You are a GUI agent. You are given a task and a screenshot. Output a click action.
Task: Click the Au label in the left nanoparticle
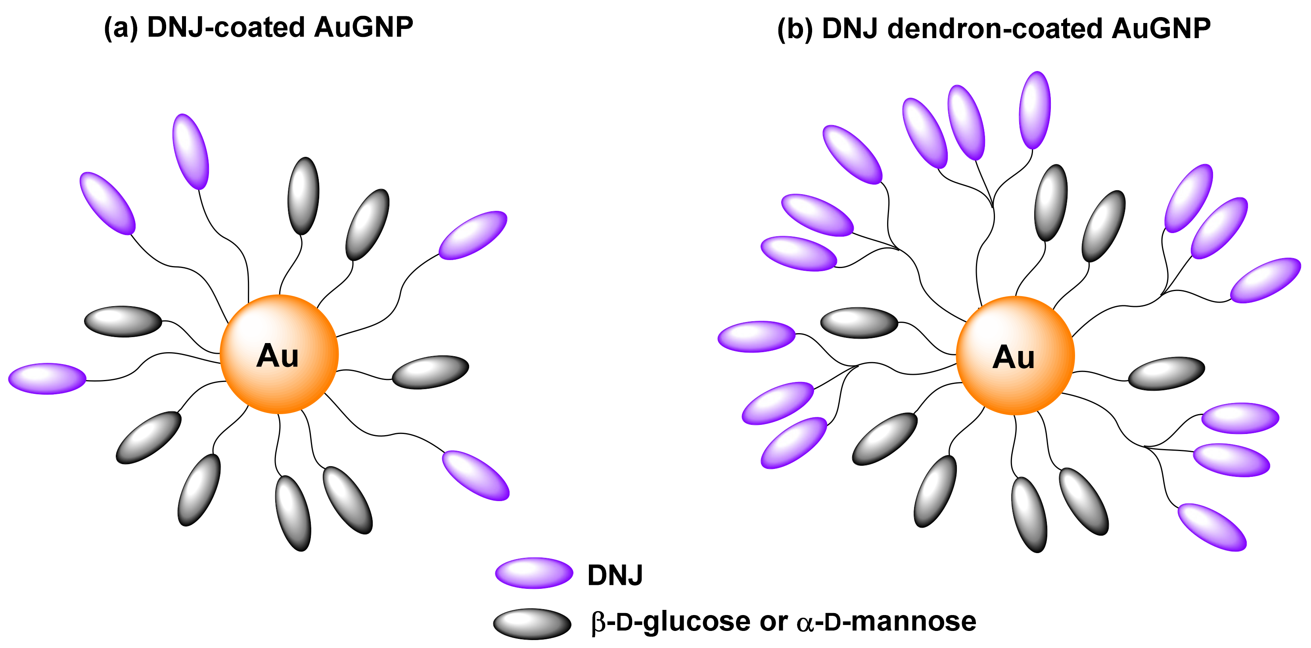tap(277, 356)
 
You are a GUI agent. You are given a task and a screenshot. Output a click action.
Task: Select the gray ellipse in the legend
tap(532, 623)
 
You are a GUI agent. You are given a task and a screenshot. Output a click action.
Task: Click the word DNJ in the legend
tap(615, 575)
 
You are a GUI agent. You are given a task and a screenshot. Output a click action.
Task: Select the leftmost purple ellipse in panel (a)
tap(47, 378)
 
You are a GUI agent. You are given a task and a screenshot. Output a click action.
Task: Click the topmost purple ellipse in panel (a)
tap(191, 151)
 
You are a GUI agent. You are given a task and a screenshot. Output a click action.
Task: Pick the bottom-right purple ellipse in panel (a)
tap(476, 475)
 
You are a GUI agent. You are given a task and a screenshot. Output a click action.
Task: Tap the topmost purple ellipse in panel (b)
tap(1035, 110)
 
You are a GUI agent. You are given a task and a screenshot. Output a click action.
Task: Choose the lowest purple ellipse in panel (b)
tap(1212, 527)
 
